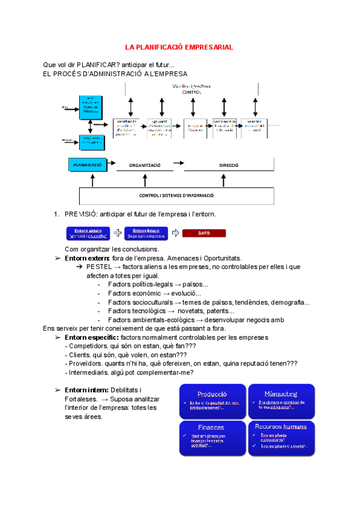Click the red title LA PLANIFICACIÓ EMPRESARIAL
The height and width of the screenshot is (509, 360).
pyautogui.click(x=179, y=47)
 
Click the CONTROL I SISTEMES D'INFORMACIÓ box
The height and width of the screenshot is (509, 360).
pyautogui.click(x=176, y=195)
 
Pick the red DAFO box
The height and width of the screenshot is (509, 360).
pyautogui.click(x=204, y=233)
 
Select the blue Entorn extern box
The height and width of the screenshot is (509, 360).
pyautogui.click(x=88, y=233)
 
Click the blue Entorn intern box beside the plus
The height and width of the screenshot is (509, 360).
pyautogui.click(x=146, y=233)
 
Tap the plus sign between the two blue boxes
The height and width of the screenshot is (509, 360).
pyautogui.click(x=118, y=232)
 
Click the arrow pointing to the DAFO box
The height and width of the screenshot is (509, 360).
pyautogui.click(x=175, y=233)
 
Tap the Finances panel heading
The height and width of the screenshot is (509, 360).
pyautogui.click(x=212, y=427)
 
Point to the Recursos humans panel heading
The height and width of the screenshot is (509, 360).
pyautogui.click(x=281, y=427)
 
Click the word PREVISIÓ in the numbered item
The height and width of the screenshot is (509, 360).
pyautogui.click(x=80, y=214)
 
